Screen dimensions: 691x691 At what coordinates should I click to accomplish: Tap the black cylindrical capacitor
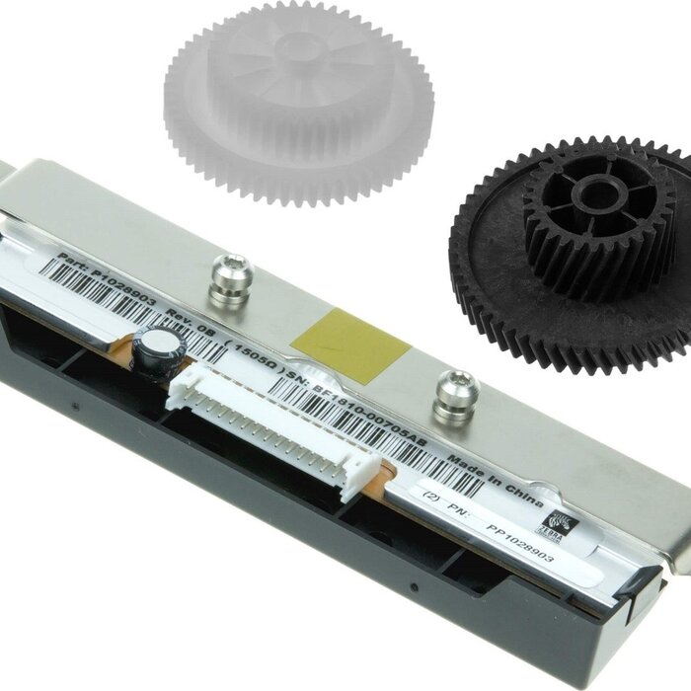(162, 352)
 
